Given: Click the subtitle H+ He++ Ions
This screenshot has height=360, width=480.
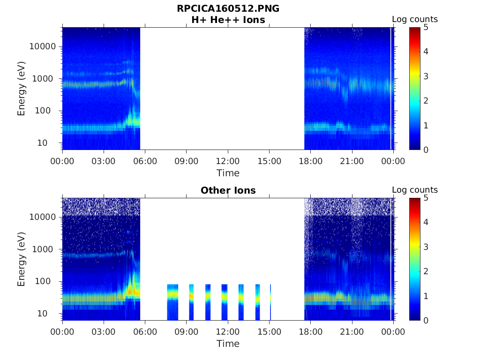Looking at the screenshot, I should (x=228, y=20).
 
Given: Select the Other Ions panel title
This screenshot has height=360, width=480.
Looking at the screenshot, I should (x=228, y=190).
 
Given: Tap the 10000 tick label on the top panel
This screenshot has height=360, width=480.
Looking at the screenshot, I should (x=42, y=46).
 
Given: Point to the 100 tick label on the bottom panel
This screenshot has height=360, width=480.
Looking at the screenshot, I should (x=49, y=281).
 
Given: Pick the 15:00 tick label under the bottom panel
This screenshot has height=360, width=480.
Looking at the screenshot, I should (x=269, y=332).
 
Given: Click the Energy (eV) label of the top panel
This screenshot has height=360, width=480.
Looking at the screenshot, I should (x=22, y=89).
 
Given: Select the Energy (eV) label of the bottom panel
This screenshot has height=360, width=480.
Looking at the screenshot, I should (x=22, y=259).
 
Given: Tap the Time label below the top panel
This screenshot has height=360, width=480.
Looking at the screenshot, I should (x=228, y=173).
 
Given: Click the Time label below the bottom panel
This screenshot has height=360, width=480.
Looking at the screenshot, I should (x=228, y=344).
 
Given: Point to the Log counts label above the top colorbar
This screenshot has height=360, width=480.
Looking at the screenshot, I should (x=414, y=19).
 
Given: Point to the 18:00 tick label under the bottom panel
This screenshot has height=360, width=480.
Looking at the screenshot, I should (x=310, y=332).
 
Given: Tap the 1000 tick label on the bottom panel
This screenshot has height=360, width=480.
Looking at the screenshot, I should (x=45, y=249).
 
